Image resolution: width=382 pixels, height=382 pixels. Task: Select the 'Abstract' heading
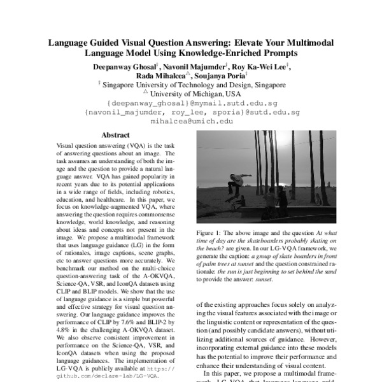(x=115, y=135)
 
